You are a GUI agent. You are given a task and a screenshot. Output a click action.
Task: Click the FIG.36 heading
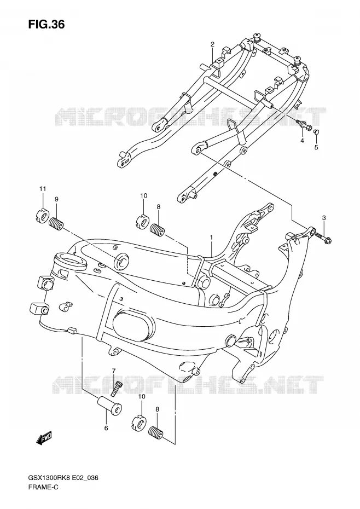pyautogui.click(x=47, y=24)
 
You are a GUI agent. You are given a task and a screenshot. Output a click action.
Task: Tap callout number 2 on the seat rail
pyautogui.click(x=212, y=44)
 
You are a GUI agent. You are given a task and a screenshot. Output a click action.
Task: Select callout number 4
pyautogui.click(x=302, y=141)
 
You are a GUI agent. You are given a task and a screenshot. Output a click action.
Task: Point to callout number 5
pyautogui.click(x=316, y=147)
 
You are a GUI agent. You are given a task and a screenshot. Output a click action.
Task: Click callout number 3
pyautogui.click(x=324, y=218)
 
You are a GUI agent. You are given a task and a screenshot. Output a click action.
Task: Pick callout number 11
pyautogui.click(x=43, y=189)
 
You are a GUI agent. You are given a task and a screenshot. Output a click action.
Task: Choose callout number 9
pyautogui.click(x=56, y=199)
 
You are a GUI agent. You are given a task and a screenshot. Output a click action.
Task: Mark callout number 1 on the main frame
pyautogui.click(x=211, y=238)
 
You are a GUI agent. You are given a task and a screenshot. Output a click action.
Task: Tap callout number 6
pyautogui.click(x=106, y=428)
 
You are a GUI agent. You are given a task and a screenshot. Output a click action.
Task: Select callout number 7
pyautogui.click(x=114, y=371)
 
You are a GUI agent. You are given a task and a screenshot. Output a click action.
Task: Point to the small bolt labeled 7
pyautogui.click(x=116, y=388)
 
